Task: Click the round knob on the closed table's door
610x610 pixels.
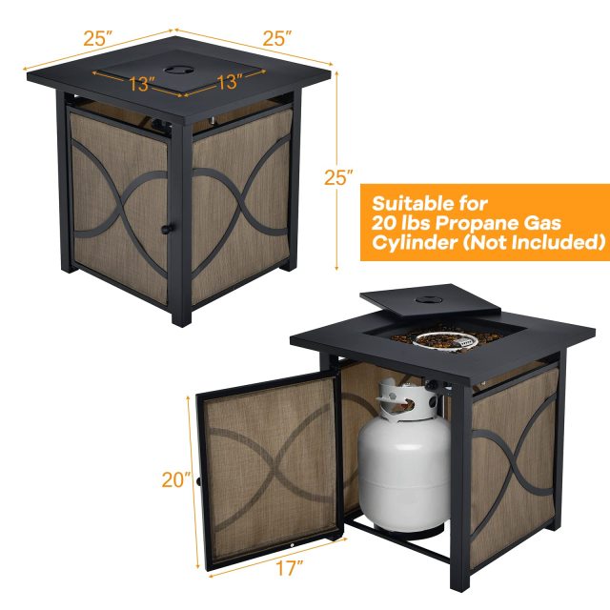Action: click(x=166, y=229)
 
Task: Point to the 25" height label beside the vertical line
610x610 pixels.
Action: click(x=338, y=176)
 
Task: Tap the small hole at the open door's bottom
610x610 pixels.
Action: click(x=289, y=544)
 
